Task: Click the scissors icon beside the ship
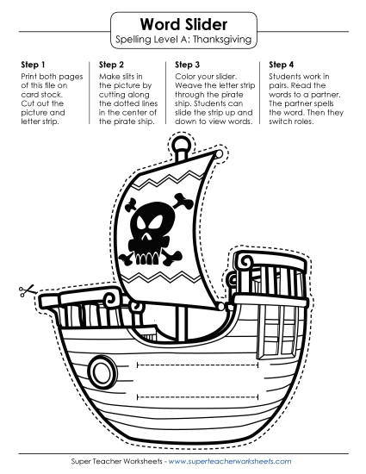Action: [x=26, y=291]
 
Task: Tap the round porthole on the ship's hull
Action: [x=102, y=371]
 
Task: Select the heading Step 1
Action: [x=33, y=65]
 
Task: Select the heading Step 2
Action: [x=111, y=65]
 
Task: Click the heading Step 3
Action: [x=187, y=65]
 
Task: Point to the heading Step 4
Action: [x=281, y=65]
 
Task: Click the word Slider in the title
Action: [x=207, y=24]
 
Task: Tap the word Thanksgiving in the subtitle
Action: [x=222, y=40]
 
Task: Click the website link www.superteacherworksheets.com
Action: [x=230, y=461]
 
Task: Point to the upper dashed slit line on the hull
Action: [x=198, y=365]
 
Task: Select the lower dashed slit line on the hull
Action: [x=198, y=397]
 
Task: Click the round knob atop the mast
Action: [x=182, y=143]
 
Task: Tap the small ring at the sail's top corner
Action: [x=219, y=154]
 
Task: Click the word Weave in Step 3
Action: [x=185, y=85]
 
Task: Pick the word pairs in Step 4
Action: [x=277, y=86]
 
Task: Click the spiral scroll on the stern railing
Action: [x=246, y=260]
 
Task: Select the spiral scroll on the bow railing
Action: [x=109, y=299]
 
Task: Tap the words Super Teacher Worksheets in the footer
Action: [x=116, y=461]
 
